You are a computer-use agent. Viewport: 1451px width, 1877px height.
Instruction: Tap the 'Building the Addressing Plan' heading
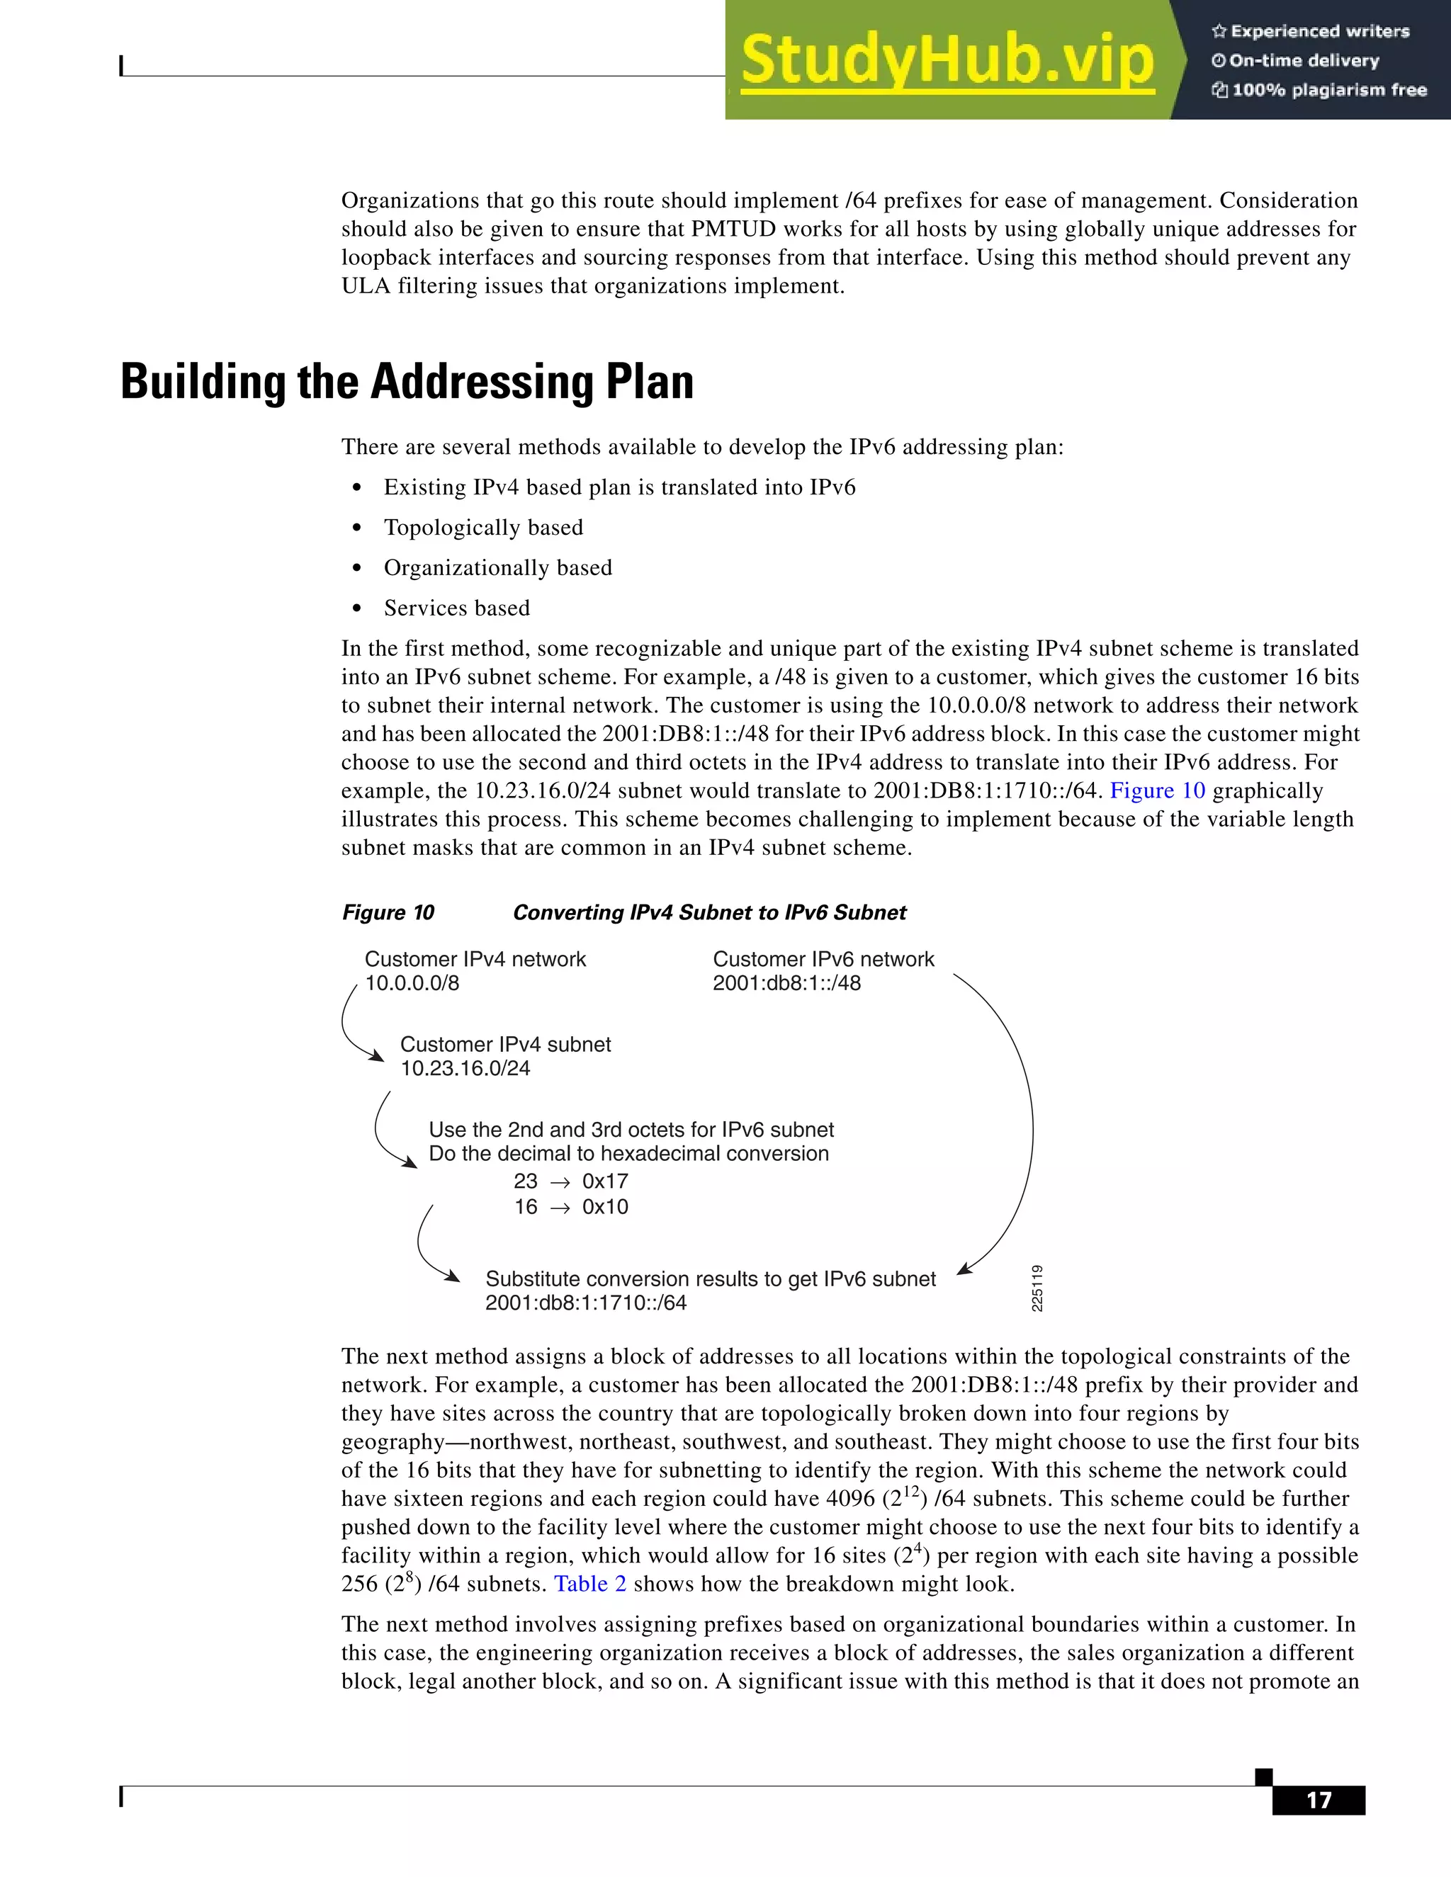[x=407, y=382]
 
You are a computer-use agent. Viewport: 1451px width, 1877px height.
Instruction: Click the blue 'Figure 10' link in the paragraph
[x=1157, y=790]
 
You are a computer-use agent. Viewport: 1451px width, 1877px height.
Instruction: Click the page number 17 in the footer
[x=1318, y=1801]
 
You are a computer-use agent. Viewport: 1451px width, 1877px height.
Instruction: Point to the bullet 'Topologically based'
[x=483, y=528]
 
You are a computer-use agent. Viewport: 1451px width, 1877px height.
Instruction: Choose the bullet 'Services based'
[x=456, y=608]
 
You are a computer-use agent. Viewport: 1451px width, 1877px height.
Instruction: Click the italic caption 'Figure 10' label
[x=388, y=913]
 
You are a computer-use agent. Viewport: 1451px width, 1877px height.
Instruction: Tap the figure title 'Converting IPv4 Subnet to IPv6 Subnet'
[x=709, y=913]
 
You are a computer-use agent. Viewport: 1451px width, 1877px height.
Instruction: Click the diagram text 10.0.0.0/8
[x=412, y=983]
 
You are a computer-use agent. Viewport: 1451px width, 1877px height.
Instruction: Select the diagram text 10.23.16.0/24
[x=465, y=1068]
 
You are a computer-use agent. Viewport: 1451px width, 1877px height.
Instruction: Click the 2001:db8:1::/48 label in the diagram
[x=786, y=983]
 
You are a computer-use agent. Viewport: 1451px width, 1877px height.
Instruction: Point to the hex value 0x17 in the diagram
[x=604, y=1181]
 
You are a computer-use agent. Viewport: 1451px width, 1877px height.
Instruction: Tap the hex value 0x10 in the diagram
[x=604, y=1207]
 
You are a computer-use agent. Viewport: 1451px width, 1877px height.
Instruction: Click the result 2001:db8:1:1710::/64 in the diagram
[x=585, y=1303]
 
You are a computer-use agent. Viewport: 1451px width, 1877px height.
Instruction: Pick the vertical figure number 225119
[x=1037, y=1288]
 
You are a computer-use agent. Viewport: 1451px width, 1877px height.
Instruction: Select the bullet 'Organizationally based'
[x=497, y=568]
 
